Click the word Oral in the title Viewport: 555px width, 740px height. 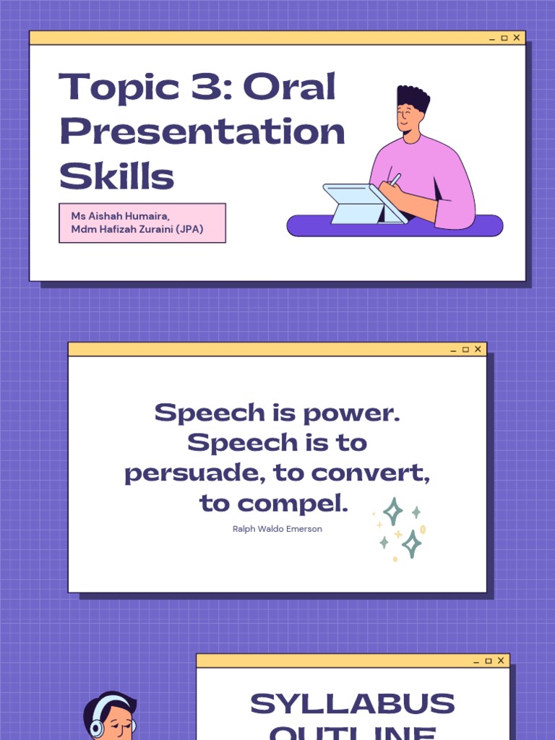coord(290,87)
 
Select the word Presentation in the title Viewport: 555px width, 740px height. coord(202,132)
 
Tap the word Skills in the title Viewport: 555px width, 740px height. coord(116,176)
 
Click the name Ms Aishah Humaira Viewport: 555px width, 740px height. coord(120,216)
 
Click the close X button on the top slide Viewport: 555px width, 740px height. coord(516,38)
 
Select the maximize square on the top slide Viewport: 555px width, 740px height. coord(504,38)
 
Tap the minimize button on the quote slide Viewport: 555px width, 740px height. coord(453,350)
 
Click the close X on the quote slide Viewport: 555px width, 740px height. coord(478,349)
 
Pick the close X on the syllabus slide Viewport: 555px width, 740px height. coord(500,661)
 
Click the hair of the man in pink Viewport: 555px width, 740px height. coord(413,97)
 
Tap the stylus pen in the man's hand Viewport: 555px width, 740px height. coord(395,178)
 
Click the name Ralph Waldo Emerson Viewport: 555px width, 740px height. coord(277,529)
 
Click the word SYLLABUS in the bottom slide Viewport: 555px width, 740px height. coord(353,704)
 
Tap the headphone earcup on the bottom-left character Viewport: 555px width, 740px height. coord(97,728)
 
